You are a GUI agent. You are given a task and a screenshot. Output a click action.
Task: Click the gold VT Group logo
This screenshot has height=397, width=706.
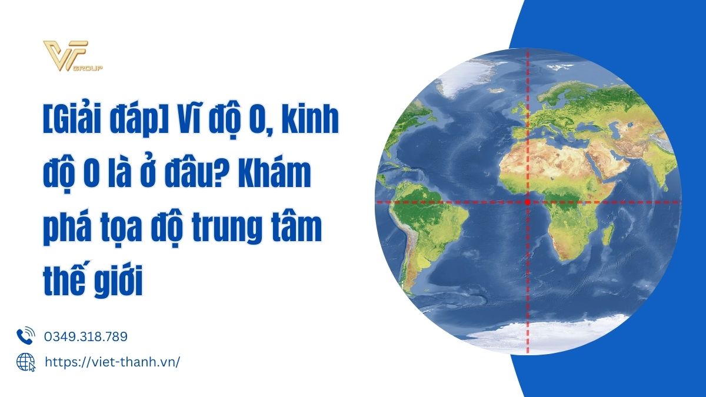coord(73,56)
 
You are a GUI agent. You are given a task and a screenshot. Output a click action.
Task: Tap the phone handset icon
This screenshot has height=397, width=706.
coord(25,336)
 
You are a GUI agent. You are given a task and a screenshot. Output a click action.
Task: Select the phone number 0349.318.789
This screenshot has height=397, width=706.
coord(86,336)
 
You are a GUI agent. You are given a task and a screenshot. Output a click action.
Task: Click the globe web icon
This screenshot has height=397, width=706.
coord(26,362)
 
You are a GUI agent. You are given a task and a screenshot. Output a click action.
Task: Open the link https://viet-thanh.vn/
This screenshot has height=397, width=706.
coord(112,362)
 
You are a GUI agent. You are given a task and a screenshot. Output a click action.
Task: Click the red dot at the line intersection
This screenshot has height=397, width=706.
coord(528,202)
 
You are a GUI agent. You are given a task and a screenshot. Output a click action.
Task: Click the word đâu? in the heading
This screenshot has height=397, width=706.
coord(197,173)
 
